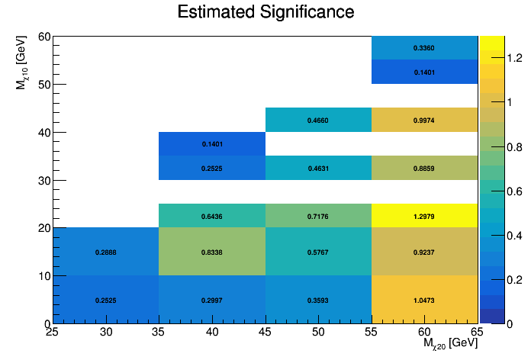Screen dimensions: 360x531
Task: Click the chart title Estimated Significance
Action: [x=265, y=12]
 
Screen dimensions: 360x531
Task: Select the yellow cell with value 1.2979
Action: [x=424, y=216]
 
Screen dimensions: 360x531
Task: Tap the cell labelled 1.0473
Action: [x=424, y=300]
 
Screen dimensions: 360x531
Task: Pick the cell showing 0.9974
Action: [x=424, y=120]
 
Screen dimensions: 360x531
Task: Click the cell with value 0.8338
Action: [x=212, y=252]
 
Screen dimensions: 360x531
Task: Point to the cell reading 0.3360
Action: [x=424, y=48]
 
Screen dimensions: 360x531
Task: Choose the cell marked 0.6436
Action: [x=212, y=216]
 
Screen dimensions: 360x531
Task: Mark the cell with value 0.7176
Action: [x=318, y=216]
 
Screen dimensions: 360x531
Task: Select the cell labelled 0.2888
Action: [x=105, y=252]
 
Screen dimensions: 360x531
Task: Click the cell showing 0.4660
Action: [x=318, y=120]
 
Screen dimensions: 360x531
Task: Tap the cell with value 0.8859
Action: [x=424, y=168]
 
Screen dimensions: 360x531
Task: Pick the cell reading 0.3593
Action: [x=318, y=300]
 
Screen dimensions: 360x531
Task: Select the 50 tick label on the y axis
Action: [x=43, y=84]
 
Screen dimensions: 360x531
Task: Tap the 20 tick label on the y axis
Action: [x=43, y=228]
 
